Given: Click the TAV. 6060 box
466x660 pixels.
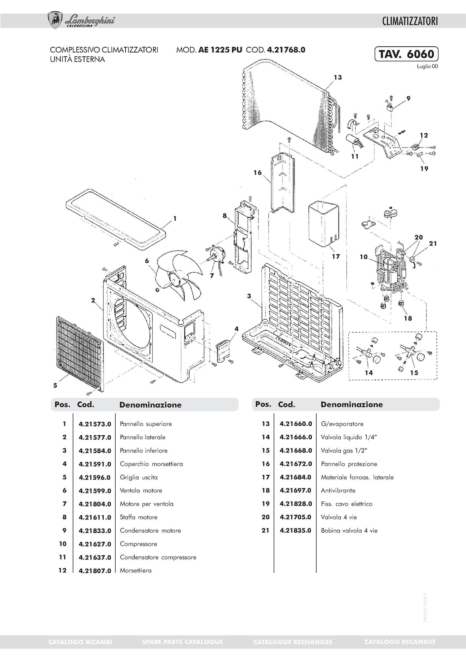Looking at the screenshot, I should [x=406, y=54].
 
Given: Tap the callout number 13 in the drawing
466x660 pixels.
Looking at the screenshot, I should [x=338, y=77].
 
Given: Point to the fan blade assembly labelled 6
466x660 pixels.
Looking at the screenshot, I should [x=178, y=275].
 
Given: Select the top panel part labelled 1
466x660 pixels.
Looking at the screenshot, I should [x=116, y=218].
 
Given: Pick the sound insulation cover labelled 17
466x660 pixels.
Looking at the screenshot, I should [x=323, y=223].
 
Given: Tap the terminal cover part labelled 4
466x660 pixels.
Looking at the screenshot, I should [x=223, y=351].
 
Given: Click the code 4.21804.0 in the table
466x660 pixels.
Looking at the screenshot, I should [x=95, y=504].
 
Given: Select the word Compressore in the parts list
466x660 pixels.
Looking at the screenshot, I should [x=138, y=544].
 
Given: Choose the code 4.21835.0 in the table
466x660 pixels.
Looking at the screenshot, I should [x=295, y=531].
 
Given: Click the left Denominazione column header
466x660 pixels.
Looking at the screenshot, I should [x=150, y=405].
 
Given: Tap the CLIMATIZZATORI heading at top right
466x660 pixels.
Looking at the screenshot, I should [x=410, y=22].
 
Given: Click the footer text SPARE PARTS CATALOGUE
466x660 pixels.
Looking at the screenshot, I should [x=182, y=642].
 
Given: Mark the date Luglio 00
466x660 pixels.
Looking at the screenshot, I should [x=427, y=66].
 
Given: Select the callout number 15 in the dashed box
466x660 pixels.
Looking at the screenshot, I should [x=414, y=373].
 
